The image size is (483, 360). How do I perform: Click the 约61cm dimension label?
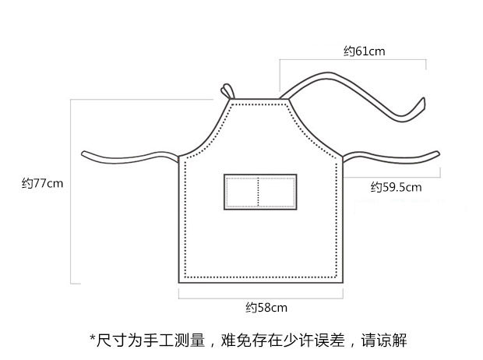click(365, 51)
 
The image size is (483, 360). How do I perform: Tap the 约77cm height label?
click(42, 184)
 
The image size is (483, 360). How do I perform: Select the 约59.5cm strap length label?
click(396, 187)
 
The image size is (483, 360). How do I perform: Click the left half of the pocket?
click(241, 192)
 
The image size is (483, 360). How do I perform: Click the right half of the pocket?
click(277, 192)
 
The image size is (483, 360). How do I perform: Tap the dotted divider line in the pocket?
click(259, 192)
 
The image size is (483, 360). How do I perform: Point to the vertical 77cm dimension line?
click(71, 191)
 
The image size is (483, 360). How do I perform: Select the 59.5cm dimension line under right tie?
click(390, 178)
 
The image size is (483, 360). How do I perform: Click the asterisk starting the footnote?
click(92, 339)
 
